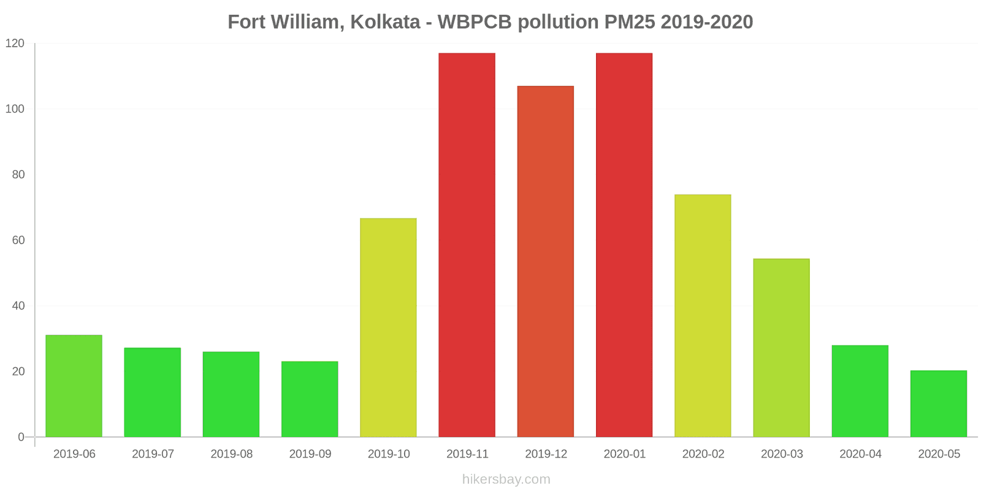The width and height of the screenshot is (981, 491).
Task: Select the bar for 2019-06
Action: pyautogui.click(x=74, y=386)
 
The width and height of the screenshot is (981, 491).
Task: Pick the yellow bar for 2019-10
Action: pyautogui.click(x=388, y=328)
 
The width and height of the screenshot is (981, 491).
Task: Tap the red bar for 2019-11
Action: pyautogui.click(x=467, y=245)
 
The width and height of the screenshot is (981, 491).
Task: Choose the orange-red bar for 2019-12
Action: pyautogui.click(x=545, y=261)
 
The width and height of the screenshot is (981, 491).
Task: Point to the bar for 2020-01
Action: pyautogui.click(x=624, y=245)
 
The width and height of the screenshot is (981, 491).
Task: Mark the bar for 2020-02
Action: pyautogui.click(x=703, y=316)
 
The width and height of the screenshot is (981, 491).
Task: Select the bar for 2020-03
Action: pyautogui.click(x=781, y=348)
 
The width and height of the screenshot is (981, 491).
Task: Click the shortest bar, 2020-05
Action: pyautogui.click(x=938, y=404)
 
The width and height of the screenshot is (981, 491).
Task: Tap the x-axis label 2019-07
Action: pyautogui.click(x=153, y=454)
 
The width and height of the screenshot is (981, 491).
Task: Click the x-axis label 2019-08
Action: pyautogui.click(x=231, y=454)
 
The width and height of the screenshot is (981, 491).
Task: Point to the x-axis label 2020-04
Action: pyautogui.click(x=860, y=454)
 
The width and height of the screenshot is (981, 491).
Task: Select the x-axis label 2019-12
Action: pyautogui.click(x=546, y=454)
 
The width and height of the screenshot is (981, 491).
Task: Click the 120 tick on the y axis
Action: pyautogui.click(x=15, y=44)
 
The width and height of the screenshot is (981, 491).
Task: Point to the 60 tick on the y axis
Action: pyautogui.click(x=18, y=241)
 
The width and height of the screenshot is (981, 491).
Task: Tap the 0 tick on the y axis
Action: pyautogui.click(x=21, y=437)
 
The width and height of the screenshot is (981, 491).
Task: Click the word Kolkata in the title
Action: pyautogui.click(x=385, y=22)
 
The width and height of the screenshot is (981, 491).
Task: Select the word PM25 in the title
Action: pyautogui.click(x=630, y=22)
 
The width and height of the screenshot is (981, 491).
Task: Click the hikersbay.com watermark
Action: pyautogui.click(x=506, y=479)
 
